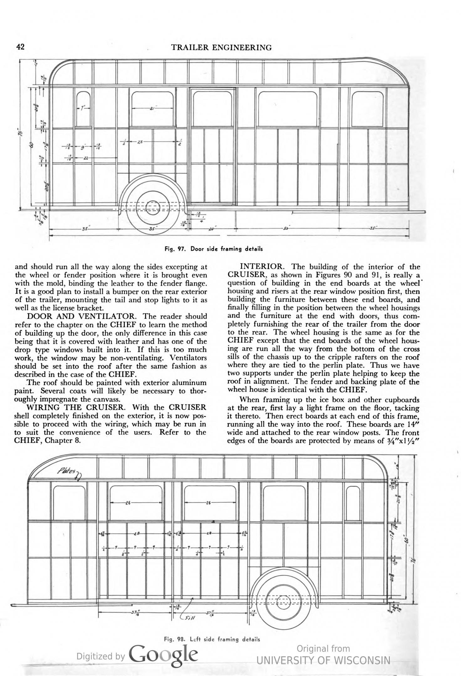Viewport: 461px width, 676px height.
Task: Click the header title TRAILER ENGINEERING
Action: tap(222, 48)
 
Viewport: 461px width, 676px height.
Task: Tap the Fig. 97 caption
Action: tap(214, 249)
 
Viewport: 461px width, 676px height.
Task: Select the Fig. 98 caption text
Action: tap(212, 639)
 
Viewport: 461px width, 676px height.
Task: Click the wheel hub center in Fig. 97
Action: tap(153, 207)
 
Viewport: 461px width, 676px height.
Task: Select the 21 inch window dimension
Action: tap(152, 109)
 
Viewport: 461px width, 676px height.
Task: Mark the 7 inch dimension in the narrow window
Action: tap(83, 108)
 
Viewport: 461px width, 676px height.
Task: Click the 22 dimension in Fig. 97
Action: tap(85, 158)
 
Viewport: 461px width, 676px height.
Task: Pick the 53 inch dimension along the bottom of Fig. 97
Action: tap(286, 229)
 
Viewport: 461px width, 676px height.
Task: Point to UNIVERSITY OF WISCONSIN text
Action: tap(323, 660)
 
